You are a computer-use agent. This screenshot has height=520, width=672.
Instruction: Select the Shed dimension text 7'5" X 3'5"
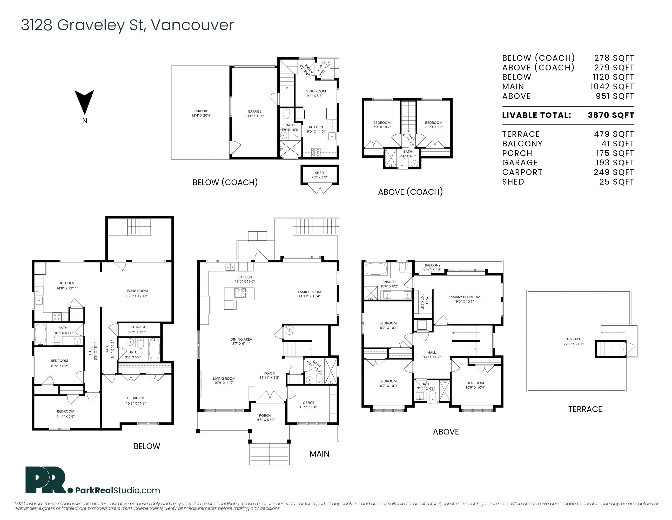319,177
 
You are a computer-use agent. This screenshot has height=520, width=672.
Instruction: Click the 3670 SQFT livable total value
611,115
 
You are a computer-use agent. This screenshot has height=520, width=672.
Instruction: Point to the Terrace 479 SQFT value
614,134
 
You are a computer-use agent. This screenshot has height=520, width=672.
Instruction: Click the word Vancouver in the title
192,25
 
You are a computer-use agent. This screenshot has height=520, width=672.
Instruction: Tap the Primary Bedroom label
464,297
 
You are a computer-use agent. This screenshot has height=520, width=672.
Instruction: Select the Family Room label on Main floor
309,292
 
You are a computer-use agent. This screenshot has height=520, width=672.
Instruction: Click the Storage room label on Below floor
138,327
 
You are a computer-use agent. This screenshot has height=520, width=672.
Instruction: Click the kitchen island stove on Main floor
240,293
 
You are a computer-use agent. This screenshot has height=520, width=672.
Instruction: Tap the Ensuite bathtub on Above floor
375,269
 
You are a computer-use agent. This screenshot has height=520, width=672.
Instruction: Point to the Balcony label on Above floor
433,265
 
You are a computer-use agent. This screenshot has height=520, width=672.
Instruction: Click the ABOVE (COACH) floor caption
411,192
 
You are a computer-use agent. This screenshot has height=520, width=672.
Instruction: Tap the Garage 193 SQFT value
614,163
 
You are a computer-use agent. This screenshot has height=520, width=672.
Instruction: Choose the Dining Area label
241,340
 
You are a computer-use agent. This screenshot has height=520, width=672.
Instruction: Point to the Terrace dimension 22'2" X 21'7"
574,344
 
